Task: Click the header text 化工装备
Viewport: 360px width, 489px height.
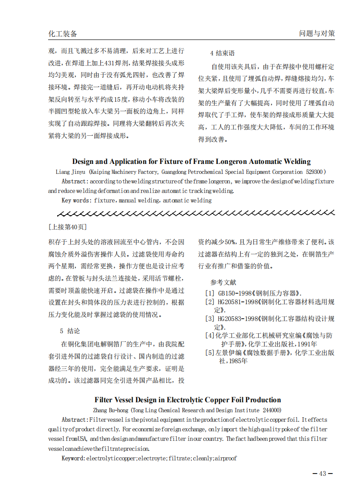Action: click(63, 34)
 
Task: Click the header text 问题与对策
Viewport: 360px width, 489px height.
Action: click(317, 34)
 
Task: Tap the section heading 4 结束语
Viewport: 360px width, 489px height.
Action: click(222, 53)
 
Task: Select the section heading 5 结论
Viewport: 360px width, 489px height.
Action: click(69, 331)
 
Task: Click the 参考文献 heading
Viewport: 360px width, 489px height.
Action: click(223, 282)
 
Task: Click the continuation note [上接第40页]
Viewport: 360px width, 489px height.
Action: click(67, 227)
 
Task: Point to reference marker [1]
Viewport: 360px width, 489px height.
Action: click(210, 294)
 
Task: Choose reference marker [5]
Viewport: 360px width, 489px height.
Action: click(210, 352)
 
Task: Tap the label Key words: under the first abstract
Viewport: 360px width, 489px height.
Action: click(77, 200)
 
